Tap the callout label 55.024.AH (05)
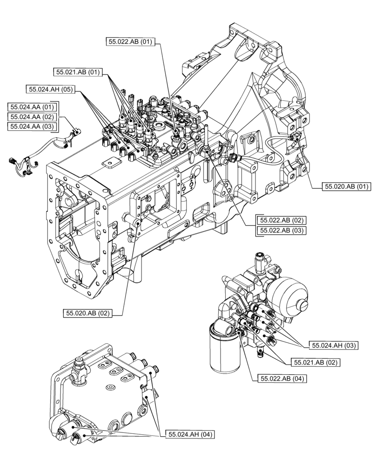click(x=50, y=89)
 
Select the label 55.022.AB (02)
click(x=282, y=220)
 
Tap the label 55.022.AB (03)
click(x=282, y=230)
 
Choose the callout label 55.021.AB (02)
click(x=315, y=362)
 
